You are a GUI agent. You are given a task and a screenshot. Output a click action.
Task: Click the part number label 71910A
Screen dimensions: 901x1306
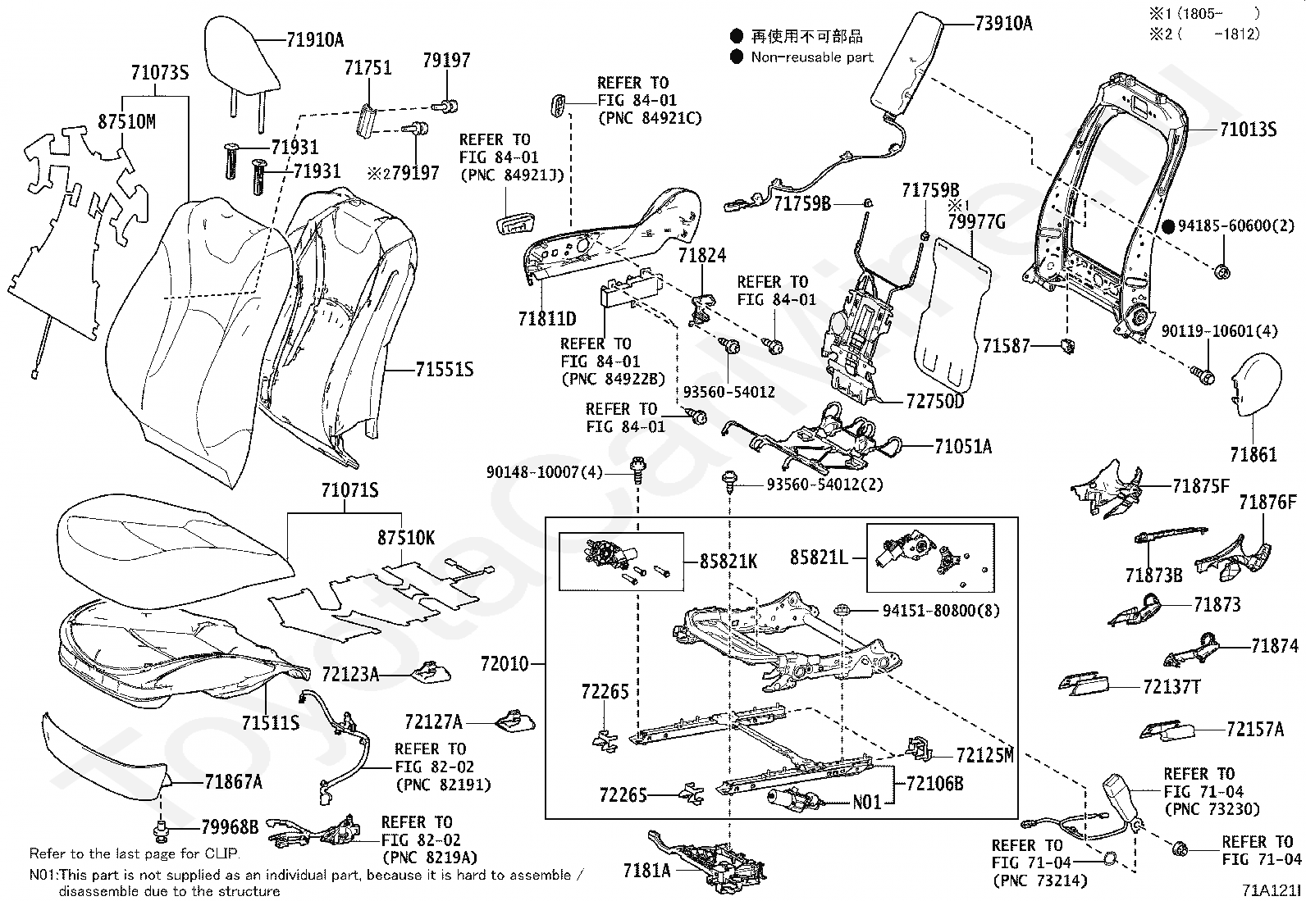315,39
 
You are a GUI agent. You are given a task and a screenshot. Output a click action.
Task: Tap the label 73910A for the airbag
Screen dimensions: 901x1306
1002,23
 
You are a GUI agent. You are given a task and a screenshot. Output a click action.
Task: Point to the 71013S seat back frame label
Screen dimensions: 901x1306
1248,130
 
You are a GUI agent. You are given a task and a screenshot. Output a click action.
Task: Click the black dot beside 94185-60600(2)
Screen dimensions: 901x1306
1169,226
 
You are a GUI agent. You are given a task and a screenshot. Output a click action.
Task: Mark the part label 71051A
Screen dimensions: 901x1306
963,446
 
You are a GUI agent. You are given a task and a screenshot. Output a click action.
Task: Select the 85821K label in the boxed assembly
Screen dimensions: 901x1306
728,562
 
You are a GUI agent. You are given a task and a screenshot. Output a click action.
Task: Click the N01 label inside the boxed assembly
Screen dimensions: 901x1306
867,802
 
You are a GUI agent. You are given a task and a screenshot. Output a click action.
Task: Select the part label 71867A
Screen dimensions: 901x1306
234,781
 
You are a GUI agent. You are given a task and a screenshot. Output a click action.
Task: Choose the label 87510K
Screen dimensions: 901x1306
406,539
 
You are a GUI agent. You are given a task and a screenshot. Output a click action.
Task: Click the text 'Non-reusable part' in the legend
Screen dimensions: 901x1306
812,57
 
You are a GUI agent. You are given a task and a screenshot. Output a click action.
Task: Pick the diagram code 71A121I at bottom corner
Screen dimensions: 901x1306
1271,890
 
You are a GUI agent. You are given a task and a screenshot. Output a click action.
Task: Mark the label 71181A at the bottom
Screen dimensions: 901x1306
647,870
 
